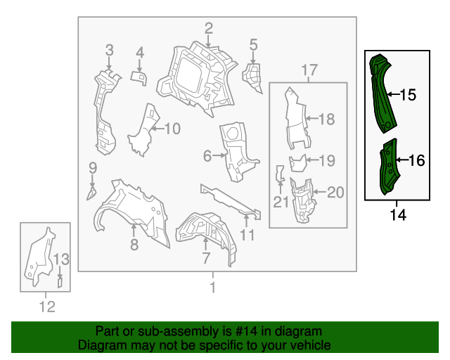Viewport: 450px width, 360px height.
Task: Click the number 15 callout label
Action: (x=408, y=95)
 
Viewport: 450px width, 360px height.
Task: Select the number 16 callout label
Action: (x=416, y=161)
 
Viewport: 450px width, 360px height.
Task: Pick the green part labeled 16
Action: (x=387, y=169)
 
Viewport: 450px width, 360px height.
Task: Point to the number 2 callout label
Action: (x=209, y=28)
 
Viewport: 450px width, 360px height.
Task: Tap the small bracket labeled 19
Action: (x=300, y=163)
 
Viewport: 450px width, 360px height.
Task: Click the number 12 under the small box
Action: (x=46, y=306)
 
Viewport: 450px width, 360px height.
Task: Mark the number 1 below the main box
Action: (x=212, y=286)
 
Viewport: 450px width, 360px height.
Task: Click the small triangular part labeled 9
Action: (x=91, y=191)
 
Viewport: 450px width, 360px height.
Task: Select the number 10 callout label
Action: (x=172, y=129)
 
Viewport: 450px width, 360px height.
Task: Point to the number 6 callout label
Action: (x=207, y=155)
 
